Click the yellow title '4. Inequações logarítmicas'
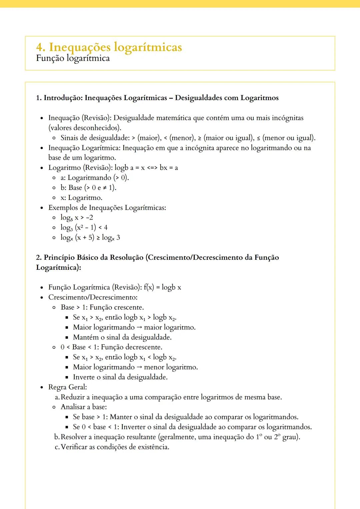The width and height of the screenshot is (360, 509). [109, 47]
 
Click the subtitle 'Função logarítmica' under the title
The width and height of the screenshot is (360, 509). [73, 58]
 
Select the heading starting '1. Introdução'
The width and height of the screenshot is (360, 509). [157, 98]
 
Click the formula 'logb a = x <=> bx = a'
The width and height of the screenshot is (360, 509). [146, 168]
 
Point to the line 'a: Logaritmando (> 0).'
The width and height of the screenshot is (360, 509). [95, 178]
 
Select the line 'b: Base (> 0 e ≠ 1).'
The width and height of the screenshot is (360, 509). [88, 188]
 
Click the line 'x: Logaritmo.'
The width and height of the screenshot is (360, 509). [81, 198]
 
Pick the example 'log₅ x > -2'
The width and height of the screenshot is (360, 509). [77, 218]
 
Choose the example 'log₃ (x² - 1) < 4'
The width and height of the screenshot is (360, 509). [84, 228]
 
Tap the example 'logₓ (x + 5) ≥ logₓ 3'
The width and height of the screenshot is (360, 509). [90, 238]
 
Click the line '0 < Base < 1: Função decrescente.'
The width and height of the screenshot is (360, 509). [111, 347]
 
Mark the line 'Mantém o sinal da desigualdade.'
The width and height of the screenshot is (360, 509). [122, 337]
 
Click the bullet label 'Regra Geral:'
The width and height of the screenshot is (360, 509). [67, 387]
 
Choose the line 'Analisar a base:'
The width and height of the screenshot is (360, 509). [84, 407]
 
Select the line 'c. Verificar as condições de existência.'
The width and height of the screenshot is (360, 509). [112, 447]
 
